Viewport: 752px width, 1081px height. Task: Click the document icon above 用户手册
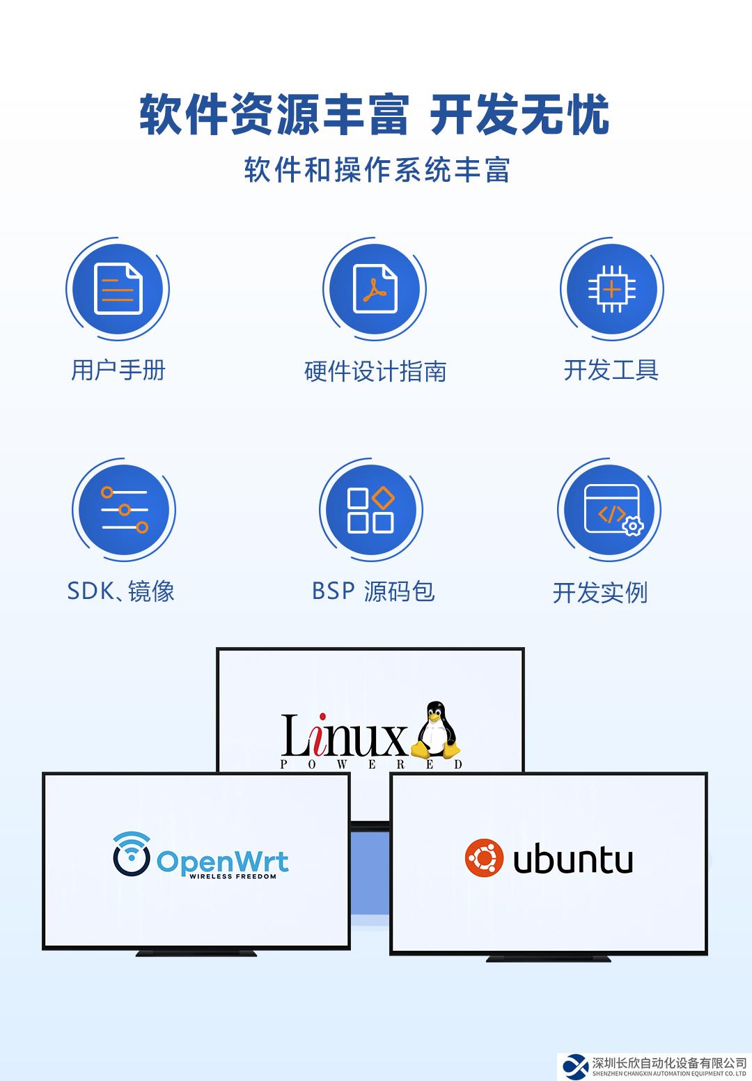118,289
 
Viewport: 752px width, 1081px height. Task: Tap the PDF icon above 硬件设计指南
375,289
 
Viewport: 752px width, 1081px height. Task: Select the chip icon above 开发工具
611,289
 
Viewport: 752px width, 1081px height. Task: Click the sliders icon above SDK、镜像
124,511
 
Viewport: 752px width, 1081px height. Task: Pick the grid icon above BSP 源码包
371,511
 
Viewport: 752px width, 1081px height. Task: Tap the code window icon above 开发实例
610,511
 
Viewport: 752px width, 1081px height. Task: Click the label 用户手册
118,370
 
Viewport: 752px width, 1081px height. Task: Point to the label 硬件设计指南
375,371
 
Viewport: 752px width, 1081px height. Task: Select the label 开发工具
611,370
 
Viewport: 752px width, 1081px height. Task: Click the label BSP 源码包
373,591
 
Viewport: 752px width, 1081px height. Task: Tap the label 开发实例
600,593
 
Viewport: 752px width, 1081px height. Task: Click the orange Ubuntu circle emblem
484,858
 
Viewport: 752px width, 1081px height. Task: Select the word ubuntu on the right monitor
573,860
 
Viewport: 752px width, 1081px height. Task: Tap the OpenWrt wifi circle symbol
132,854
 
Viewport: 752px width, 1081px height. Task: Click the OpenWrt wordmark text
222,862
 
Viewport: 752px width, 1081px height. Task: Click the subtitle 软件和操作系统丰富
377,170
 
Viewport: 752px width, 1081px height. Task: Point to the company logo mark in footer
575,1066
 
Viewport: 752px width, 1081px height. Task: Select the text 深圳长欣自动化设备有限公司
669,1062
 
